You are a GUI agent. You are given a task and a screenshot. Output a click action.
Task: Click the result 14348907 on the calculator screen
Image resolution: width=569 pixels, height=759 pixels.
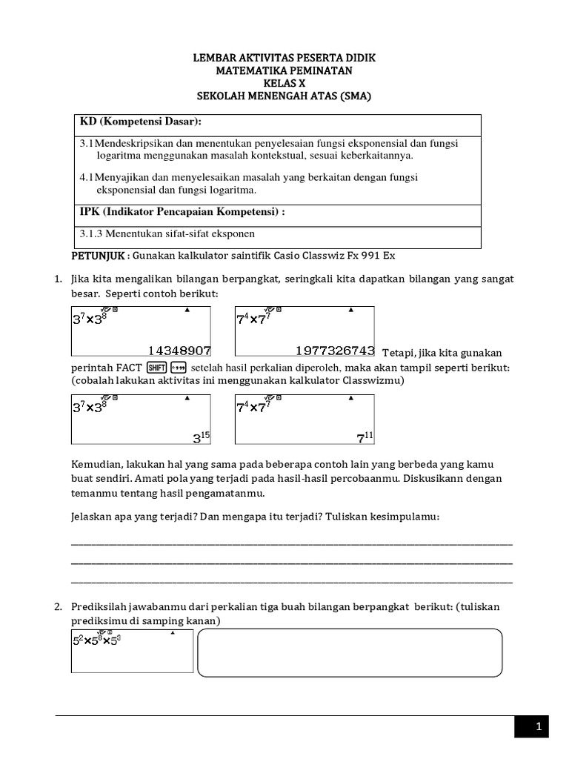[179, 350]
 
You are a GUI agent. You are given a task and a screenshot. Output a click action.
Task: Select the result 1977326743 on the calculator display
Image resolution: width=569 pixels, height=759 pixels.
[335, 350]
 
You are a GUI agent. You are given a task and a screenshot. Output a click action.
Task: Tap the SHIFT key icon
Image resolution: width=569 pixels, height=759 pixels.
[156, 368]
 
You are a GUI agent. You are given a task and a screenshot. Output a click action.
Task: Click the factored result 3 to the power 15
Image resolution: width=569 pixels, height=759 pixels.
[202, 437]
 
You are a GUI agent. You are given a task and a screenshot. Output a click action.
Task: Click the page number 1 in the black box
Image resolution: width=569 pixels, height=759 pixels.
[539, 727]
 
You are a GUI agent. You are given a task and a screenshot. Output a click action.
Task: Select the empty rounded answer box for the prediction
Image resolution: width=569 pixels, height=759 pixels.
[350, 653]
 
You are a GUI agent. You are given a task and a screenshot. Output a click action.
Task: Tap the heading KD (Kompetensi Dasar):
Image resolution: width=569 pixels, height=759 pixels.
[140, 122]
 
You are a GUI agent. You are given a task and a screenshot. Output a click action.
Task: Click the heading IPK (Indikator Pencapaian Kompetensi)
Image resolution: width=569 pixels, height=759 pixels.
[182, 213]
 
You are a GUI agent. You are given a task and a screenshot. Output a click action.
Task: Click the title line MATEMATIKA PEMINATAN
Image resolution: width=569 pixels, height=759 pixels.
[284, 70]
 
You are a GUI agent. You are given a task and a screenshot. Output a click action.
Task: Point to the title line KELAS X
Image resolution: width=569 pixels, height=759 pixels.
[284, 83]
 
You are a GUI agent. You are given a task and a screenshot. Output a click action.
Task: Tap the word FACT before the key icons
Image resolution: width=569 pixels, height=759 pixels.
[129, 368]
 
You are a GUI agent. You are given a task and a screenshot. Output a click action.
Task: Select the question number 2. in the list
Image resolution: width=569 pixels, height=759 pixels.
[59, 607]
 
